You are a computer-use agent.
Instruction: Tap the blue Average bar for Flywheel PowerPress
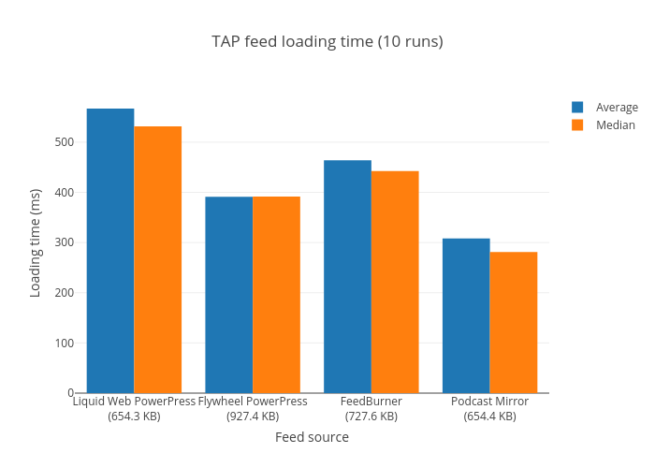tap(228, 295)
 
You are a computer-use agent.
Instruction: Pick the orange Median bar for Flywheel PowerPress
tap(276, 295)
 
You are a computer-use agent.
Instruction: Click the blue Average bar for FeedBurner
tap(347, 276)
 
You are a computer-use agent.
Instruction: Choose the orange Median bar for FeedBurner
tap(395, 282)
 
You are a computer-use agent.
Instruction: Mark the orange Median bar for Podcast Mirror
tap(513, 322)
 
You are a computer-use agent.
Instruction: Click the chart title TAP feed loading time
tap(327, 41)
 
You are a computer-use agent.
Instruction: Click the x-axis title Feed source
tap(312, 437)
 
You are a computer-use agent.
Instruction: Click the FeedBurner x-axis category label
tap(371, 402)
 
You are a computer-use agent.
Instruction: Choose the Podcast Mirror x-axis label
tap(489, 402)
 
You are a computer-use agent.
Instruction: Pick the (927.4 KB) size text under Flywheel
tap(253, 417)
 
